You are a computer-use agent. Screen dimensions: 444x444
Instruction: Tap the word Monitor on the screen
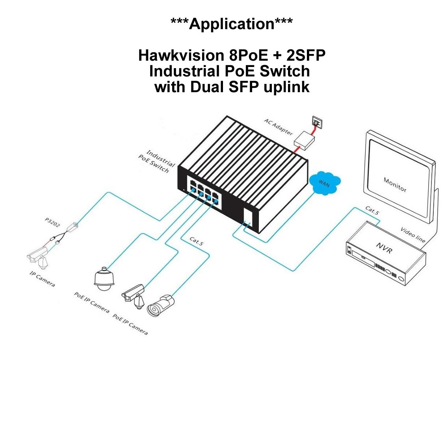click(x=395, y=185)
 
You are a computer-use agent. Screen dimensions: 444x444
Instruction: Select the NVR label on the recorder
click(x=383, y=248)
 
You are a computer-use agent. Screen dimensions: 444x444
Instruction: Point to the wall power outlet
click(x=317, y=121)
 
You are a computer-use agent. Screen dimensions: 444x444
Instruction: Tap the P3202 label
click(x=52, y=223)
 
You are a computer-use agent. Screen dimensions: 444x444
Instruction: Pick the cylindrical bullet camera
click(x=160, y=305)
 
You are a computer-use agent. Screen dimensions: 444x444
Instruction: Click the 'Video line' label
click(x=413, y=235)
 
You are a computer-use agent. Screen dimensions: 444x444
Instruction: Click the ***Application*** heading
click(x=232, y=24)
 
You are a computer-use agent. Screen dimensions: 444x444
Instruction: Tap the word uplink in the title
click(x=286, y=87)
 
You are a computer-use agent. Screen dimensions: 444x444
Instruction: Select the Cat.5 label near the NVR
click(x=372, y=210)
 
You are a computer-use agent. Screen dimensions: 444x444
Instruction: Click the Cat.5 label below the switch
click(x=196, y=242)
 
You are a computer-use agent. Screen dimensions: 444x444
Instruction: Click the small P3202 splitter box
click(x=73, y=227)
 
